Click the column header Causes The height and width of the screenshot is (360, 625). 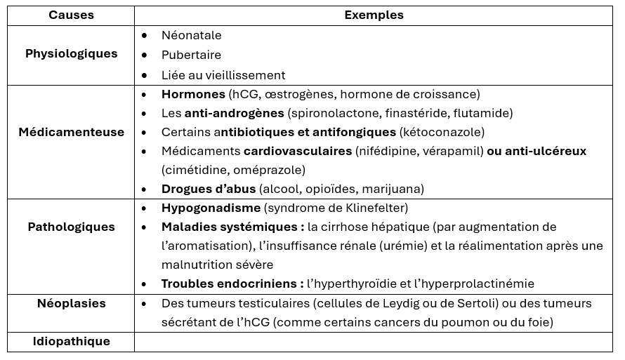point(71,15)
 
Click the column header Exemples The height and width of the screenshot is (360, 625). point(374,15)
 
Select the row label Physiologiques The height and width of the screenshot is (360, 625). point(71,54)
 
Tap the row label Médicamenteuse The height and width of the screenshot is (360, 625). point(71,132)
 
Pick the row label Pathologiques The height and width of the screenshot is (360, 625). point(71,227)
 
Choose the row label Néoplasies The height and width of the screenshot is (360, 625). point(71,303)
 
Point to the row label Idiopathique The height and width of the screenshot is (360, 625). point(71,341)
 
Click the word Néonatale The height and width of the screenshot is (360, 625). point(191,35)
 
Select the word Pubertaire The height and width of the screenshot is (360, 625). point(191,55)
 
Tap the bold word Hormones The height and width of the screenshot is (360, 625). point(193,94)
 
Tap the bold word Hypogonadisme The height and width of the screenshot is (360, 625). point(211,208)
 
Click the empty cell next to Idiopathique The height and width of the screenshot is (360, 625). point(374,342)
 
